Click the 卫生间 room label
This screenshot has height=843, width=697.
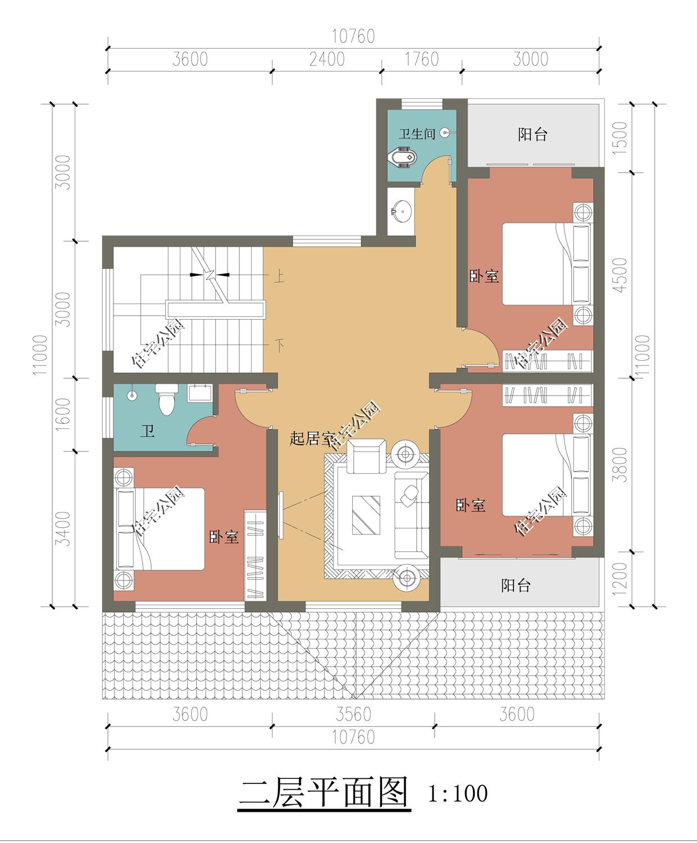click(x=417, y=134)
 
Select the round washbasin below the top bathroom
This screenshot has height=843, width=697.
click(x=401, y=210)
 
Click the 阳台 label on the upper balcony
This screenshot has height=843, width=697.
click(x=532, y=134)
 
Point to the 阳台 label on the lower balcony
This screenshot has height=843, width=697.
click(x=516, y=585)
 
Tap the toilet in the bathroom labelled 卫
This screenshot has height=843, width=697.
click(x=166, y=399)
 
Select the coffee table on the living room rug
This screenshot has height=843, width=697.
click(x=366, y=515)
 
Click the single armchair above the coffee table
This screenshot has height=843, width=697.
click(x=366, y=456)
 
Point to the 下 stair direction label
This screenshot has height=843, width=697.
click(x=279, y=345)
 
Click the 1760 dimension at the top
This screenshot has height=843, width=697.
click(x=422, y=60)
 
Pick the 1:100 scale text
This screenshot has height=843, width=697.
click(x=458, y=792)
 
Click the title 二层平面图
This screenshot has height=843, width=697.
click(x=324, y=792)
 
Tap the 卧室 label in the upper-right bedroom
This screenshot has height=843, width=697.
click(x=484, y=276)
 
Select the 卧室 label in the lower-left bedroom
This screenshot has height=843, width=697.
click(x=224, y=537)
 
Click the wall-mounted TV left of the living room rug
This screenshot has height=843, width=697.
click(x=280, y=515)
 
